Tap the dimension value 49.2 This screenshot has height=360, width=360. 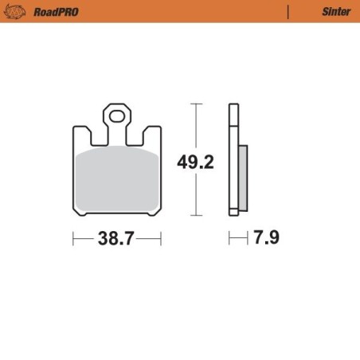(195, 162)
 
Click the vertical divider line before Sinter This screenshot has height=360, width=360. (288, 11)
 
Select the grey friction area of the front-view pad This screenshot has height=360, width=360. (117, 179)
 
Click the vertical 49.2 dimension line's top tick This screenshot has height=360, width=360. (195, 104)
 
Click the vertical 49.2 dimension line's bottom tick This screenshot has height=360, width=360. (195, 216)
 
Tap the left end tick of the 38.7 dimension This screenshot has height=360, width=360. (73, 238)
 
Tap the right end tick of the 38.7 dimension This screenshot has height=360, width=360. (161, 238)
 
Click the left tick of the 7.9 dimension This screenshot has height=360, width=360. (230, 238)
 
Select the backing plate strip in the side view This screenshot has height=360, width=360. (233, 159)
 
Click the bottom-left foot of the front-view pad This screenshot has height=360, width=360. (80, 213)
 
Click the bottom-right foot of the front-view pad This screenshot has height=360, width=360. (154, 213)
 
